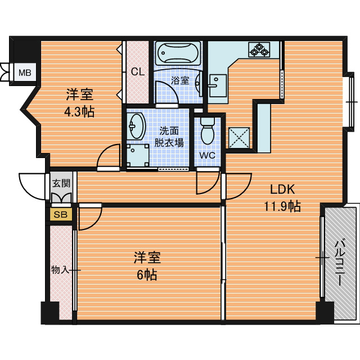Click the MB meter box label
pyautogui.click(x=25, y=73)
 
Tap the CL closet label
pyautogui.click(x=138, y=72)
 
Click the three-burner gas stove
pyautogui.click(x=259, y=49)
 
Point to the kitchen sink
pyautogui.click(x=218, y=85)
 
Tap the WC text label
pyautogui.click(x=207, y=155)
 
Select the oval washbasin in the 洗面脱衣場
pyautogui.click(x=136, y=127)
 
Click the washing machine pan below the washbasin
pyautogui.click(x=138, y=155)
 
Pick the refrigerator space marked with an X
pyautogui.click(x=239, y=138)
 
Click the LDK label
pyautogui.click(x=282, y=190)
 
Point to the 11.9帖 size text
pyautogui.click(x=282, y=206)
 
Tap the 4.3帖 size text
pyautogui.click(x=79, y=112)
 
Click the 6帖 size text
pyautogui.click(x=147, y=274)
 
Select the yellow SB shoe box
pyautogui.click(x=61, y=214)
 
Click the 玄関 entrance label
pyautogui.click(x=61, y=183)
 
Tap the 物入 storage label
pyautogui.click(x=60, y=270)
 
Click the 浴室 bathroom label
pyautogui.click(x=180, y=80)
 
